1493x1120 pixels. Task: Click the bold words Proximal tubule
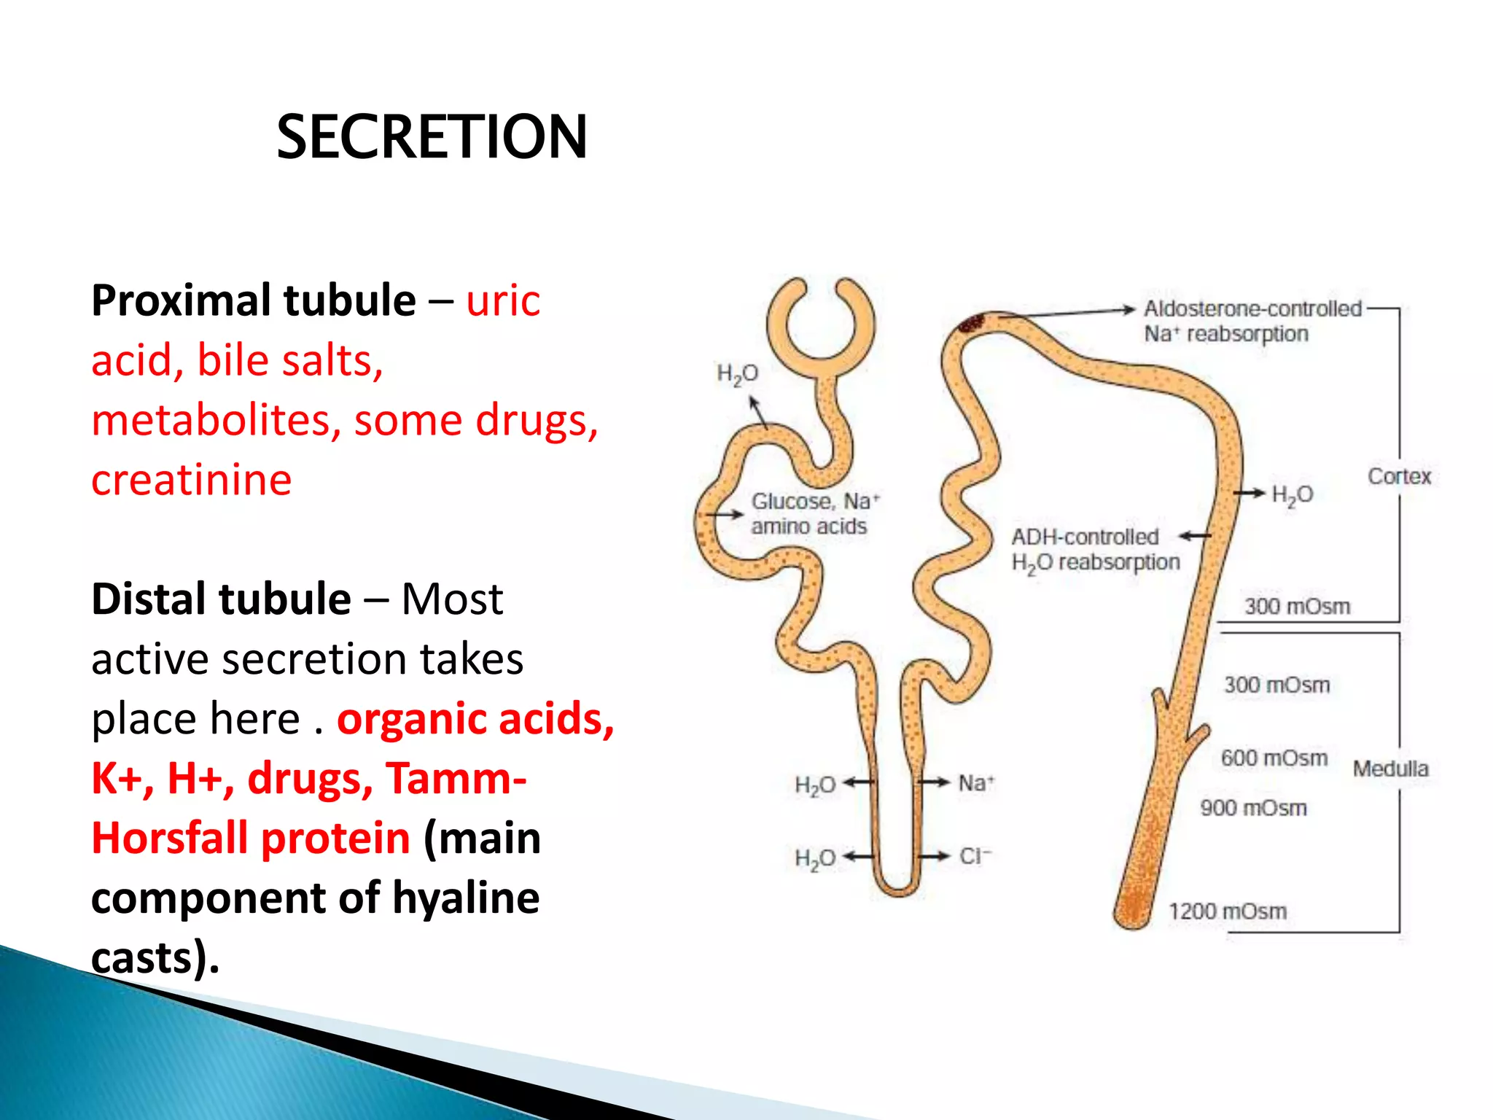click(x=253, y=300)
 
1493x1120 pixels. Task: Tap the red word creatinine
click(x=191, y=480)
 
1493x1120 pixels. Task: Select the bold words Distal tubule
click(x=221, y=599)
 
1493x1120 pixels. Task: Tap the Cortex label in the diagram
click(x=1399, y=476)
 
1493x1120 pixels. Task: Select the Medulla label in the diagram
click(x=1390, y=769)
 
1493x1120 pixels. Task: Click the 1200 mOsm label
click(x=1228, y=911)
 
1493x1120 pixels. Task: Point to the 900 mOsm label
click(x=1253, y=808)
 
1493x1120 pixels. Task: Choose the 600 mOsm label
click(x=1274, y=758)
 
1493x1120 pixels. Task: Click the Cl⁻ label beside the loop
click(x=975, y=855)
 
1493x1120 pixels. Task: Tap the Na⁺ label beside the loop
click(x=975, y=783)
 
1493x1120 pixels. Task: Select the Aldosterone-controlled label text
click(x=1252, y=308)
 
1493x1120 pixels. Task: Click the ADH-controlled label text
click(x=1085, y=537)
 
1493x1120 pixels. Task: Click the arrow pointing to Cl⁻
click(x=935, y=856)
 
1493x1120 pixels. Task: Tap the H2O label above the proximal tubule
click(x=737, y=374)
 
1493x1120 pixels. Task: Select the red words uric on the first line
click(x=503, y=300)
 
